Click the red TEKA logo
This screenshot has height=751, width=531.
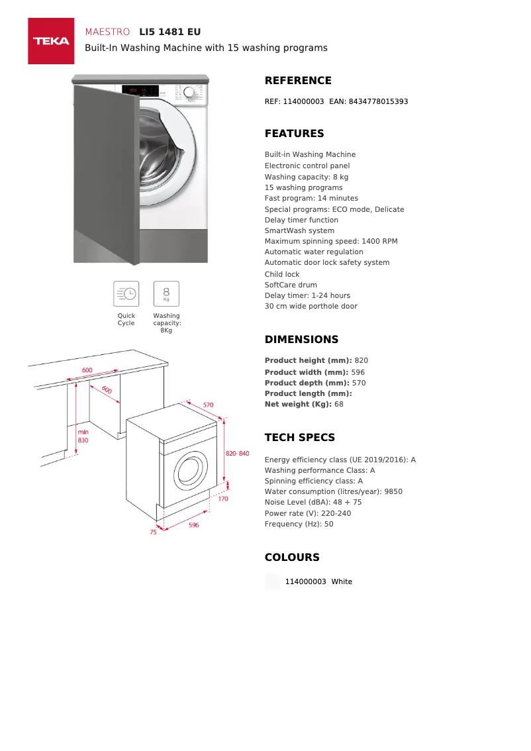51,41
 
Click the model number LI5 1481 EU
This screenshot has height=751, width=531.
169,32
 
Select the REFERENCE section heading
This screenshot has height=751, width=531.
298,81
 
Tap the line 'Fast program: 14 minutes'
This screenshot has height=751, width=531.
311,198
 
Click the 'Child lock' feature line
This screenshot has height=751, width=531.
282,274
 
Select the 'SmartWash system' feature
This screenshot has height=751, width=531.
299,230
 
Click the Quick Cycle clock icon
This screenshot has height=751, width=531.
126,293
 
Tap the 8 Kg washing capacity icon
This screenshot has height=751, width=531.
166,293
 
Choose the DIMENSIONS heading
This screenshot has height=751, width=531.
301,340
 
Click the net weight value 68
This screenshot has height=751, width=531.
339,404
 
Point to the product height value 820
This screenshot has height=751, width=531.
362,360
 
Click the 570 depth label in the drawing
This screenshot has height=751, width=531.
208,405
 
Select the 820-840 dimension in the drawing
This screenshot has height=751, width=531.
237,454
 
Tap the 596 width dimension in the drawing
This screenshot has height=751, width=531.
193,525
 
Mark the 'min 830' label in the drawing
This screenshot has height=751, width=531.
83,436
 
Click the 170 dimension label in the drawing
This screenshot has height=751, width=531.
223,499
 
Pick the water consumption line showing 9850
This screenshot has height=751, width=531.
333,491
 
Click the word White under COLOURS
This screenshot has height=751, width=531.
342,581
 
